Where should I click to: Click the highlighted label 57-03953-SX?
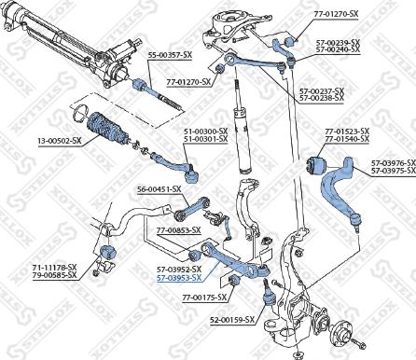179,278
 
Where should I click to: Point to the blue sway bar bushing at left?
104,254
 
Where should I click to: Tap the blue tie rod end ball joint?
193,172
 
